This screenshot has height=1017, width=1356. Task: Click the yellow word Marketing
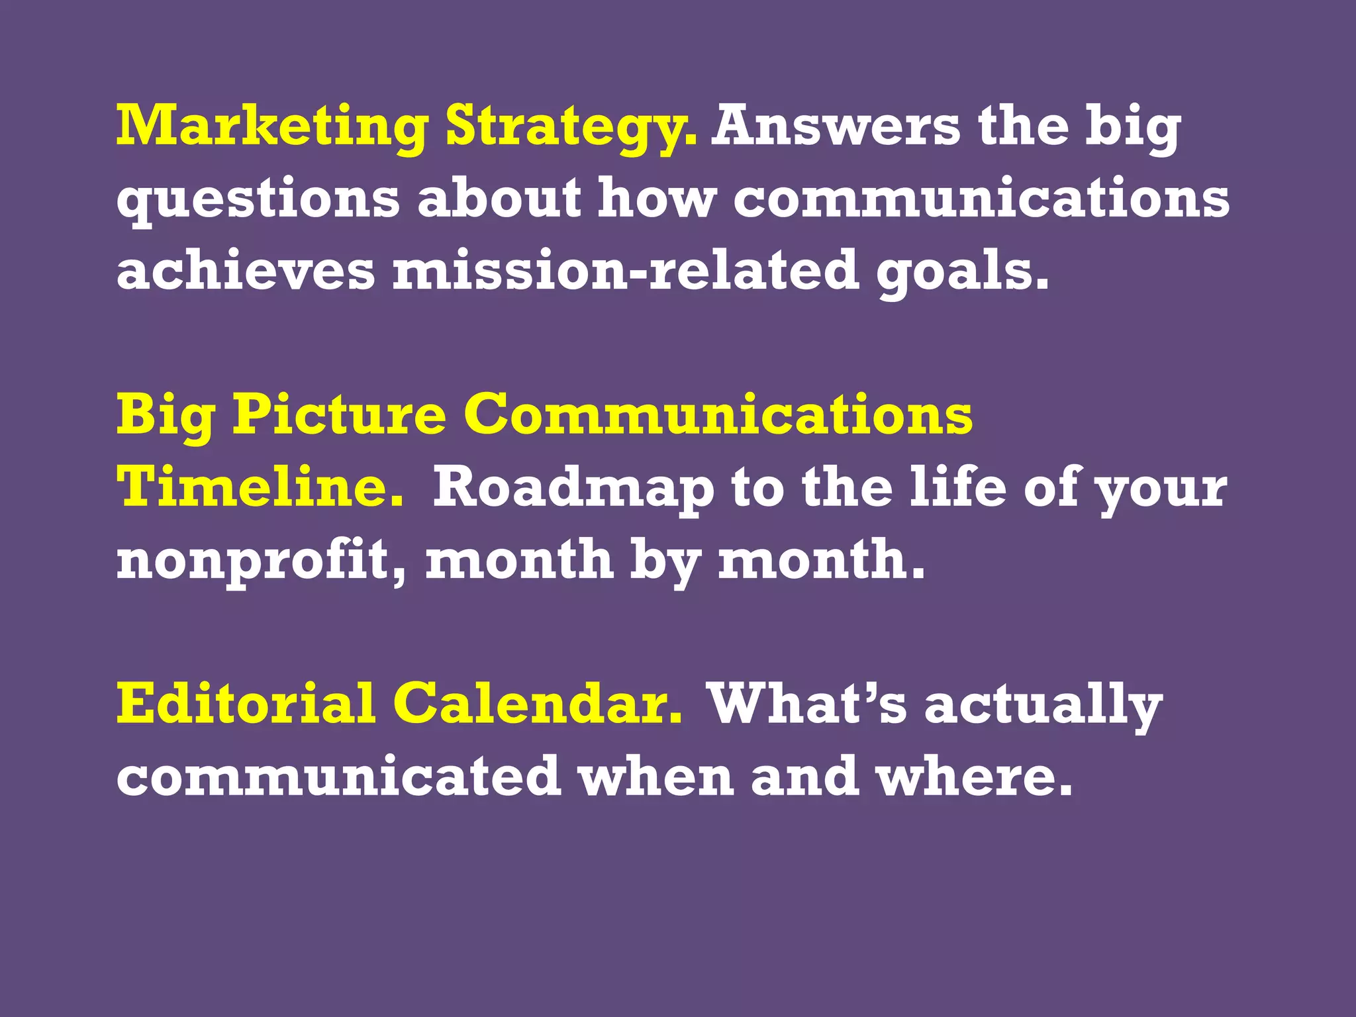[271, 127]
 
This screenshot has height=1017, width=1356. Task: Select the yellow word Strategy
[571, 127]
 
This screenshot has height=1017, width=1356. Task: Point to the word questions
[258, 200]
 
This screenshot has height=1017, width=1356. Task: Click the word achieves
[246, 271]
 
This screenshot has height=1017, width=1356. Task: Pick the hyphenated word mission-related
[626, 271]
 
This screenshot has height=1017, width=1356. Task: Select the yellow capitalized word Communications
[718, 414]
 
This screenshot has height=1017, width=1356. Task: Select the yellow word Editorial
[246, 703]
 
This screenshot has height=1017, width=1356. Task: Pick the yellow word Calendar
[537, 703]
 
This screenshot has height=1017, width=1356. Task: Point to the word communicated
[338, 776]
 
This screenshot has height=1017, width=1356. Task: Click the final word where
[973, 776]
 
